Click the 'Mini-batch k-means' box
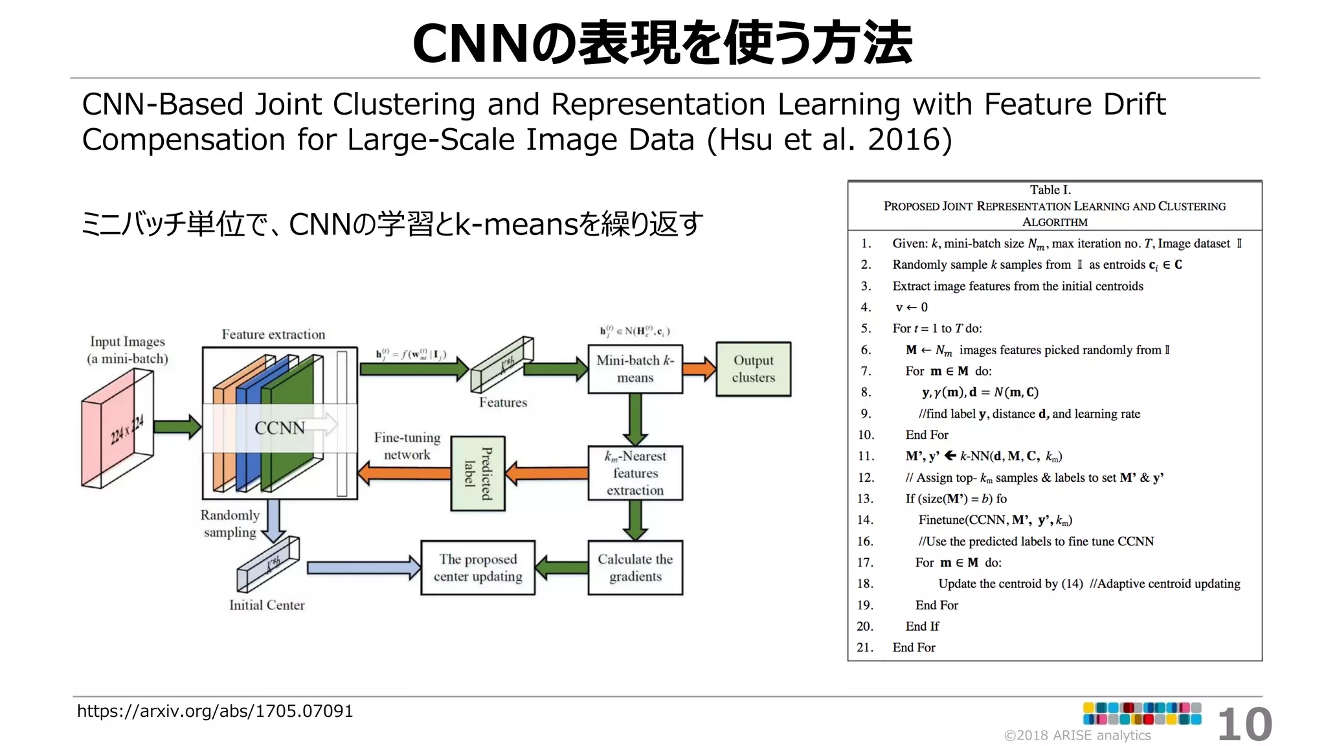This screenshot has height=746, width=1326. (635, 369)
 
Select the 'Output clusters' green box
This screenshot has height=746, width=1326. (753, 369)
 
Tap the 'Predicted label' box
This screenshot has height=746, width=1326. (478, 473)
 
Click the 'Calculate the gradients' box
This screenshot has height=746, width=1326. (635, 568)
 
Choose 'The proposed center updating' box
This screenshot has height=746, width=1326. (478, 568)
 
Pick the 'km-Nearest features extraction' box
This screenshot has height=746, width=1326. (635, 473)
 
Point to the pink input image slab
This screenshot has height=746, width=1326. (117, 429)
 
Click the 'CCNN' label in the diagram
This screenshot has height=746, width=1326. (279, 428)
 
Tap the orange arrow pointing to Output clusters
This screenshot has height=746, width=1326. (699, 369)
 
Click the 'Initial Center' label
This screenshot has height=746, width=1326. (267, 605)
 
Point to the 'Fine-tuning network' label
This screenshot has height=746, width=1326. (407, 446)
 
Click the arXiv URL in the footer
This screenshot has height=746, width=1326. (215, 711)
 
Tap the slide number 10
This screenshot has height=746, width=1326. (1244, 725)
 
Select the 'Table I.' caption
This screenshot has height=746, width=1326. (1050, 190)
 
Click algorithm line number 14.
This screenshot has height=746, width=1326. (866, 520)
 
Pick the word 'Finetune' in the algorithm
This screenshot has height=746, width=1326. (941, 520)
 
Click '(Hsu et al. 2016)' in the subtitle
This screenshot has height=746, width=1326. (829, 140)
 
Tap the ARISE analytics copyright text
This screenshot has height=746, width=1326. (1077, 736)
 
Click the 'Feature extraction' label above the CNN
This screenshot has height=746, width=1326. (273, 335)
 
